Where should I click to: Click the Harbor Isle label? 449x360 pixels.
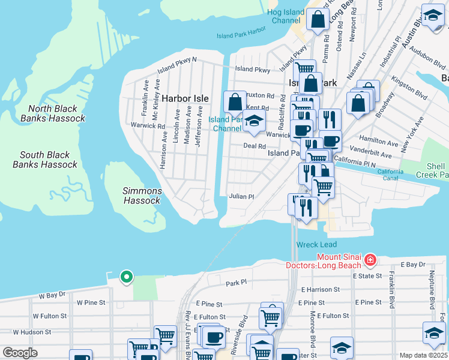(184, 98)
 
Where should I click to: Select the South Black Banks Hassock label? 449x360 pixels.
(45, 160)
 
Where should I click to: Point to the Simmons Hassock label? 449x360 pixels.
(142, 196)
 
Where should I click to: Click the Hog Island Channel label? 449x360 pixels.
(286, 16)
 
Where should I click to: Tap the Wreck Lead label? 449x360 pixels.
(316, 245)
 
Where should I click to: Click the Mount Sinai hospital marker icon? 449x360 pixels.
(370, 260)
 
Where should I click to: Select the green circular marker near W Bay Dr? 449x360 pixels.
(126, 277)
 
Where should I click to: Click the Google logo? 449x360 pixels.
(20, 353)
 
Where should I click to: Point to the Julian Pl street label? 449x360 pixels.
(242, 196)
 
